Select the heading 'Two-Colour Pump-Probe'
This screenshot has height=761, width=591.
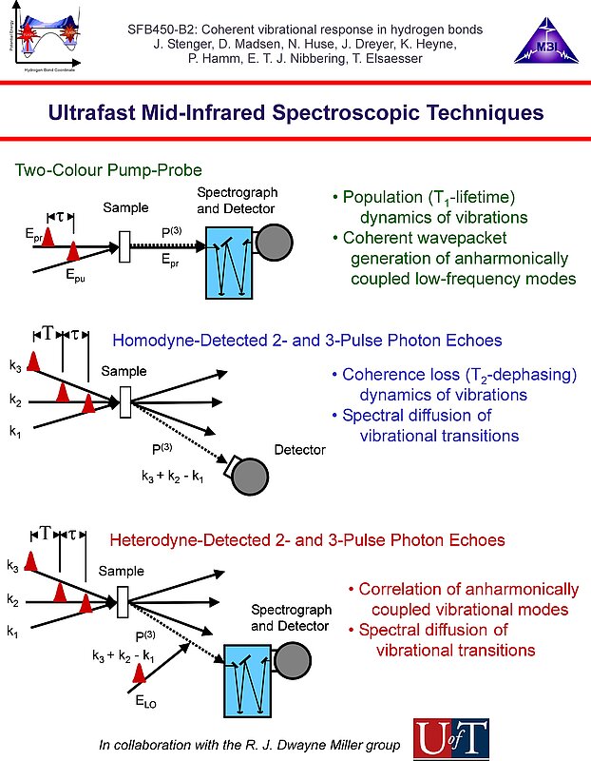pos(108,170)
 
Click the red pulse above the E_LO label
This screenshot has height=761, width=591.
pos(142,673)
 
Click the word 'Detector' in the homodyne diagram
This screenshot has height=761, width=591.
pos(299,450)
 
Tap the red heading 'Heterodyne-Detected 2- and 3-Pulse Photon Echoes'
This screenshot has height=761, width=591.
pos(307,540)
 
